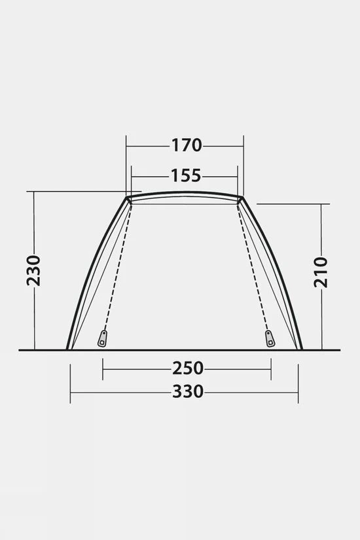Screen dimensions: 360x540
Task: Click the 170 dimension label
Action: pyautogui.click(x=187, y=145)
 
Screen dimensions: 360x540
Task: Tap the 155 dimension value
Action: pyautogui.click(x=186, y=175)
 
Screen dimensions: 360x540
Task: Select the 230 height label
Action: pyautogui.click(x=34, y=271)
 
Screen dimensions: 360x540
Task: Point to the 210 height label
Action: pyautogui.click(x=321, y=272)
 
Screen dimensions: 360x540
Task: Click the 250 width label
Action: pyautogui.click(x=188, y=368)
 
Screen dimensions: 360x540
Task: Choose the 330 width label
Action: pyautogui.click(x=188, y=391)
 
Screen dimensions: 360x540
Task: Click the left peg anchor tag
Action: pyautogui.click(x=102, y=338)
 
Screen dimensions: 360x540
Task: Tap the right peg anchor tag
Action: pyautogui.click(x=270, y=338)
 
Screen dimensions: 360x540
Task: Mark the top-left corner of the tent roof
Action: pyautogui.click(x=126, y=197)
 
